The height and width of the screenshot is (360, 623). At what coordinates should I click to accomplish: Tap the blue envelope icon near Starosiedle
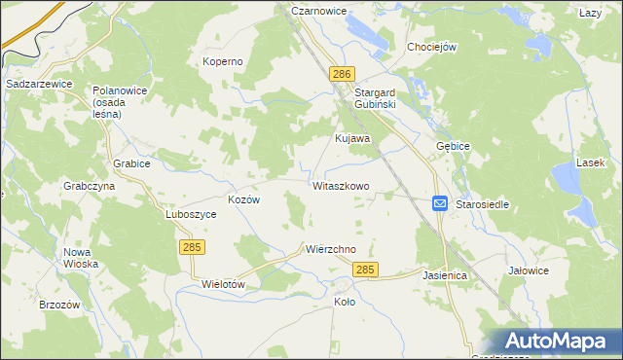439,203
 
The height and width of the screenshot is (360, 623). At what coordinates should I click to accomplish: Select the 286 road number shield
341,74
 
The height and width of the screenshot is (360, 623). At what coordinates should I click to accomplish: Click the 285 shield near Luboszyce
191,248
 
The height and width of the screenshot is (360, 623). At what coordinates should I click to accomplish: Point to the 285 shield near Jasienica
365,270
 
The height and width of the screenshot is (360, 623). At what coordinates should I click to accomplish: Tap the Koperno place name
222,61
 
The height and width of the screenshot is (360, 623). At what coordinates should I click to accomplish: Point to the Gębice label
454,145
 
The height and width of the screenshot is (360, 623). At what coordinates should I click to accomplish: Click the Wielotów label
221,284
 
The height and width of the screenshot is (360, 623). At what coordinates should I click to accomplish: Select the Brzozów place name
58,304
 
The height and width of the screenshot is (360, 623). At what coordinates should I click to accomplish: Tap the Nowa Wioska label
82,258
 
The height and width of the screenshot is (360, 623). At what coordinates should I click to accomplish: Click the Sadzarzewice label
39,85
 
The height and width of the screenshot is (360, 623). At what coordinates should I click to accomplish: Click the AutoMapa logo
558,342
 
